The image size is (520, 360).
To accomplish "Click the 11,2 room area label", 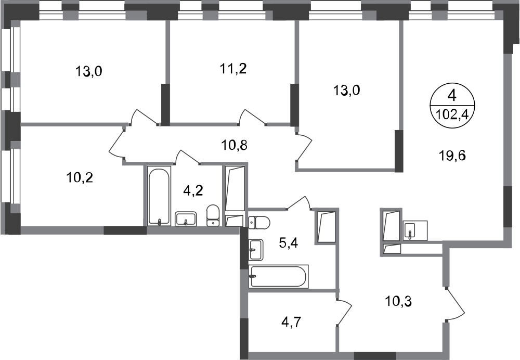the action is pos(233,69).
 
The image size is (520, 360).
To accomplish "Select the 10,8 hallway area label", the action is pos(235,145).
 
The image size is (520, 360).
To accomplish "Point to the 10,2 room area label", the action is pos(79,178).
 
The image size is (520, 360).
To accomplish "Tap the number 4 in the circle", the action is pos(452,96).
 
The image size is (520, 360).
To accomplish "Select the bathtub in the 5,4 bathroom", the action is pos(279,276).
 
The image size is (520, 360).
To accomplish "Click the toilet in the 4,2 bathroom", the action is pos(213,216).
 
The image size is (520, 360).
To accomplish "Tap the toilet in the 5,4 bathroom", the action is pos(259,222).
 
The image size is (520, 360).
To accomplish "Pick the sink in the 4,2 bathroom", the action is pos(186,219).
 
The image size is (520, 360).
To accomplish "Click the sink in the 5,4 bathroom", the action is pos(256,249).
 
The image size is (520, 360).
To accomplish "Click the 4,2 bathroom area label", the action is pos(193,191).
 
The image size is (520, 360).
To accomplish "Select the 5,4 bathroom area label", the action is pos(289,243).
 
